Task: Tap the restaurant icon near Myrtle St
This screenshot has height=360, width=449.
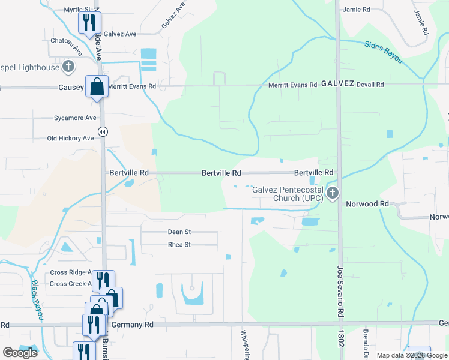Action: point(88,23)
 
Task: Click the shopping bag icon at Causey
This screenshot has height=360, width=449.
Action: point(96,87)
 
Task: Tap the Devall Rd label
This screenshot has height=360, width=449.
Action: point(370,85)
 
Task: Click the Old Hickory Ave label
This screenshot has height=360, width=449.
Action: point(71,138)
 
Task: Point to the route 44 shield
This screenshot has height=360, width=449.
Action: point(103,131)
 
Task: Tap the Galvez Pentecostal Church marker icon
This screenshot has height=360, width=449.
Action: point(333,193)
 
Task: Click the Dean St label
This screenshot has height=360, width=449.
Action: point(179,232)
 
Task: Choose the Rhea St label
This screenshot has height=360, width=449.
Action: point(179,245)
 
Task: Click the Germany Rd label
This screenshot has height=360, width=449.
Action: point(136,324)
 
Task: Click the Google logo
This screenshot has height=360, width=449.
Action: point(20,353)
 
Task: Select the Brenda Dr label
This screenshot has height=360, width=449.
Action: point(365,342)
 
